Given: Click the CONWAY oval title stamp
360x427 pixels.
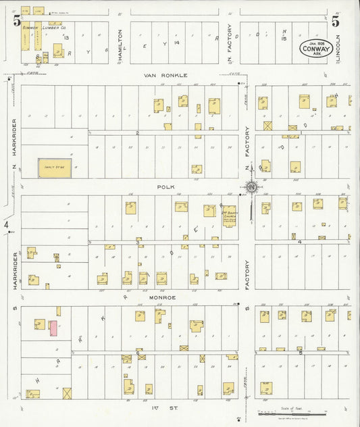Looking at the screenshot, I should [x=313, y=49].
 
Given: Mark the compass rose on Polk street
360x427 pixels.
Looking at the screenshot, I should [x=251, y=187].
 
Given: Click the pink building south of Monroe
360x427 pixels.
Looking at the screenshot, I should [x=53, y=329].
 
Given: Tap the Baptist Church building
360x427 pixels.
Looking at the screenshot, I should [x=229, y=216].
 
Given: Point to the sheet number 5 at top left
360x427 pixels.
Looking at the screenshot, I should [x=16, y=20].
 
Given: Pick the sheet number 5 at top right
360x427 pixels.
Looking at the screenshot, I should [x=335, y=20].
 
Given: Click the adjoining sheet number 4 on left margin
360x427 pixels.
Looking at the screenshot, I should [x=6, y=224].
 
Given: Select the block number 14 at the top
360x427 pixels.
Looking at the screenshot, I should [x=175, y=42].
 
